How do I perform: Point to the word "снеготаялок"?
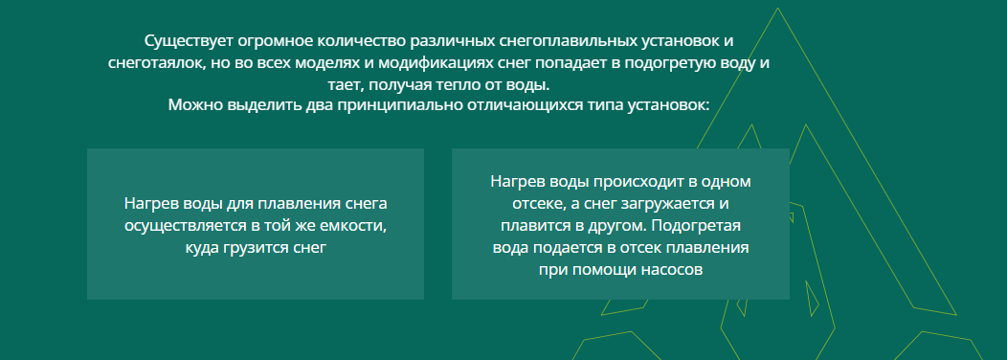(154, 63)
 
